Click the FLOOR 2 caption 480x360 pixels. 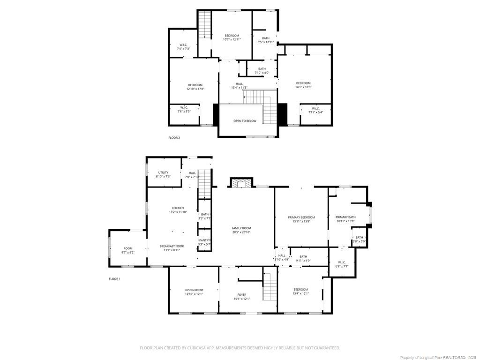[x=174, y=138]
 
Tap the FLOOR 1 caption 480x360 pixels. [x=115, y=279]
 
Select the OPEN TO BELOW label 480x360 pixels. [x=245, y=121]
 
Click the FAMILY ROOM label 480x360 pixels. [x=241, y=228]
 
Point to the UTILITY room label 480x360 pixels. [x=163, y=172]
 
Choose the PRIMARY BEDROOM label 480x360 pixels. [x=301, y=217]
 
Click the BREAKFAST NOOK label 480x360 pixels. [x=172, y=246]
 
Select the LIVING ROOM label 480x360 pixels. [x=194, y=290]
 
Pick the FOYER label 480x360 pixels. [x=242, y=295]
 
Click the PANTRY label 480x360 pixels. [x=204, y=240]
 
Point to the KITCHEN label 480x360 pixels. [x=178, y=208]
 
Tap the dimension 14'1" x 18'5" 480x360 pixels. [x=303, y=87]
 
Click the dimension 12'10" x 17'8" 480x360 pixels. [x=195, y=89]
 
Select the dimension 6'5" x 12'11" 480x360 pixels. [x=266, y=42]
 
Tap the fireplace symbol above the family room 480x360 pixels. [x=241, y=183]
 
